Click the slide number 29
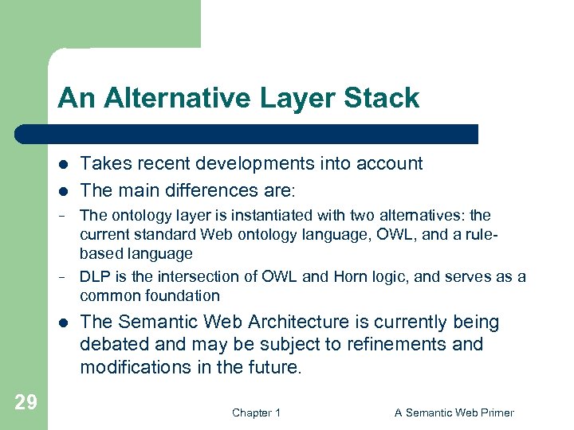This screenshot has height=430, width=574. point(26,402)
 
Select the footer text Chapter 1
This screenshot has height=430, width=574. point(256,412)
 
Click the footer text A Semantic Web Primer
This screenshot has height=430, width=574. point(454,412)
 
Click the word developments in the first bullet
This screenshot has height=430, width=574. point(253,163)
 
